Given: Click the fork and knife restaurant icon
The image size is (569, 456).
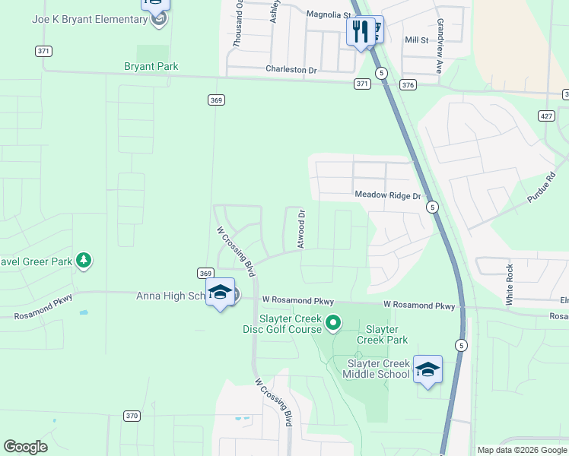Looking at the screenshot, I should (x=359, y=32).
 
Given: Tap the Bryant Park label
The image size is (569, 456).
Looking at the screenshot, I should (x=151, y=67).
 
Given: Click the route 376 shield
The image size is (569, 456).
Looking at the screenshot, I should (x=408, y=85).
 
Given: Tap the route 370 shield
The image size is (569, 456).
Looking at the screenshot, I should (x=132, y=416).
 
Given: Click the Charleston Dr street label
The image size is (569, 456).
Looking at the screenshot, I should (x=291, y=70).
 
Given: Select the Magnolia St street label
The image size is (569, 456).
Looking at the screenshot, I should (x=329, y=14).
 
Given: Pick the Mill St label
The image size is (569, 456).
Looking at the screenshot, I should (x=417, y=40).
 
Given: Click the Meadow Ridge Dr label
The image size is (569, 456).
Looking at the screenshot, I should (x=387, y=195).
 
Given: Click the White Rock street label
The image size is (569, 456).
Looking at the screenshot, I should (x=510, y=285).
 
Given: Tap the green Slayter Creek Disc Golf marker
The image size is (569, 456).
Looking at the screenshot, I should (x=332, y=324).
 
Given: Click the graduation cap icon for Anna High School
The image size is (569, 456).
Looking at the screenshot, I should (x=220, y=292).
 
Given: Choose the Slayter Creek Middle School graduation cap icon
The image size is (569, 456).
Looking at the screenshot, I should (x=428, y=369).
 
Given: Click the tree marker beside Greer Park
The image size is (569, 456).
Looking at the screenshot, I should (x=84, y=261).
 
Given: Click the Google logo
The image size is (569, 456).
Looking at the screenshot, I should (x=25, y=448).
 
